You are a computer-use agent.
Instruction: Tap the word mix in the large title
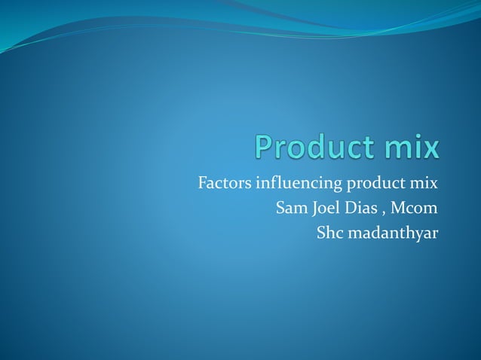coord(406,146)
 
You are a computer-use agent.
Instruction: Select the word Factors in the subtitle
coord(222,183)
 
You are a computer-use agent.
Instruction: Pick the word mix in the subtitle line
coord(424,183)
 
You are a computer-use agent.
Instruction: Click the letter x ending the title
coord(430,148)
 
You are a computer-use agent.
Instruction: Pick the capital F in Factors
coord(201,183)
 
